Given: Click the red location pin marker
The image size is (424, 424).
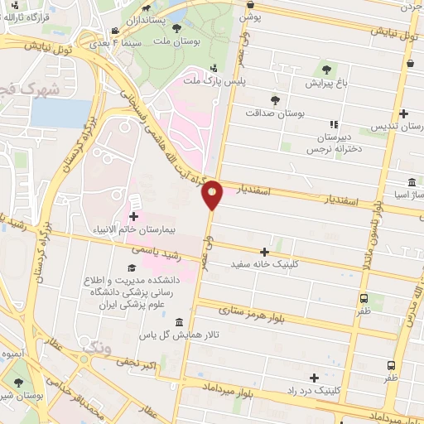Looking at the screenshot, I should [x=213, y=195].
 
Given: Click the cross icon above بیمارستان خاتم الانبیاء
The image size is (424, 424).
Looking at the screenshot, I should [x=133, y=215].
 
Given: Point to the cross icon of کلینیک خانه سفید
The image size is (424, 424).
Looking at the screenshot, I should [x=265, y=252].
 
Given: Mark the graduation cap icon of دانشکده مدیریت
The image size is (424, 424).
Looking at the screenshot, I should [x=130, y=268].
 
